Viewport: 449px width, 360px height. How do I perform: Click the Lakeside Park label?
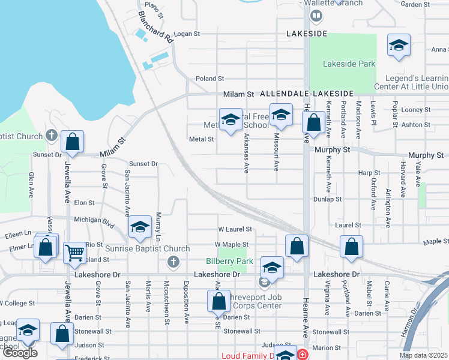coord(349,64)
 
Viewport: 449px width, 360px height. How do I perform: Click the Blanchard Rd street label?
coord(155,26)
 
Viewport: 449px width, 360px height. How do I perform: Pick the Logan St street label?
coord(186,34)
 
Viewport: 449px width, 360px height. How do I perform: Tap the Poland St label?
coord(209,79)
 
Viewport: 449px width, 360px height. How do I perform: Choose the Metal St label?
coord(202,139)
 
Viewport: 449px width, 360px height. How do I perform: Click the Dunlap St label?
coord(327,199)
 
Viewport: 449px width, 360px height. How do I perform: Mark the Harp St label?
coord(365,172)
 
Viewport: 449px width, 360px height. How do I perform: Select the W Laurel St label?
coord(235,229)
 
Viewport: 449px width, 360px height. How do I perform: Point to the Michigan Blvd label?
coord(94,220)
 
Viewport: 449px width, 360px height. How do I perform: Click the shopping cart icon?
coord(74,252)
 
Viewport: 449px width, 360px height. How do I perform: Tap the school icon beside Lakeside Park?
coord(398,46)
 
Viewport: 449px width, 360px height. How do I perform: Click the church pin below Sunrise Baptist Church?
coord(173,261)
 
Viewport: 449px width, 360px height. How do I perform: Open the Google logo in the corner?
coord(20,353)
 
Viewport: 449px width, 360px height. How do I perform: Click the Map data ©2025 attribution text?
coord(423,355)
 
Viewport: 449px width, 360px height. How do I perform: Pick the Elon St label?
coord(85,203)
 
